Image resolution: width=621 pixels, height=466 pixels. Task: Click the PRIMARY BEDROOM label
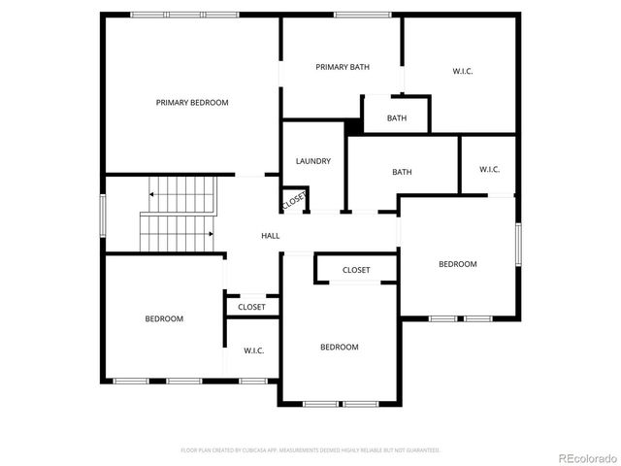[x=192, y=102]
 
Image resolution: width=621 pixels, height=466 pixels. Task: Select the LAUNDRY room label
[x=313, y=161]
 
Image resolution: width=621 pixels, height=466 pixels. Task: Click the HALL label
[x=271, y=236]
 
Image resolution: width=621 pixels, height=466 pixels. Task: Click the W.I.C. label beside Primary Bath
[x=464, y=71]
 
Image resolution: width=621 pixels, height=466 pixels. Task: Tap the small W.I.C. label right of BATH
[x=489, y=170]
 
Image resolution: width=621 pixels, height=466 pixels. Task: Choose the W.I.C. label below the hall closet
[x=254, y=350]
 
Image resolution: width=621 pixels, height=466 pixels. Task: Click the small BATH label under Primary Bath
[x=397, y=118]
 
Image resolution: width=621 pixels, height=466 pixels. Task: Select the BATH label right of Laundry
[x=402, y=172]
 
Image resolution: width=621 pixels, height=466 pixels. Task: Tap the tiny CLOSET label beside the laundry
[x=294, y=202]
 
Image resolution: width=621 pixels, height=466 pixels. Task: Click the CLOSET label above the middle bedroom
[x=356, y=270]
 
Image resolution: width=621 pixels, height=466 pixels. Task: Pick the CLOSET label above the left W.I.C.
[x=252, y=307]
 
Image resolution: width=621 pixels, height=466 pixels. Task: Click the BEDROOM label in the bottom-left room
[x=164, y=318]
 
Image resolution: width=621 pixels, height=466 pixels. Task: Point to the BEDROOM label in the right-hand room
[x=457, y=264]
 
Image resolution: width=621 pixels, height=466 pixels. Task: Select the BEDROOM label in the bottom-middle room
[x=340, y=347]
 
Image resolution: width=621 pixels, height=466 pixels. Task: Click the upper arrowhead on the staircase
[x=151, y=194]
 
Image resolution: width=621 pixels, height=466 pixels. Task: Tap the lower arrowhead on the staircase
[x=212, y=234]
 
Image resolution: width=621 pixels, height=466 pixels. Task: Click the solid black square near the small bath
[x=354, y=126]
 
